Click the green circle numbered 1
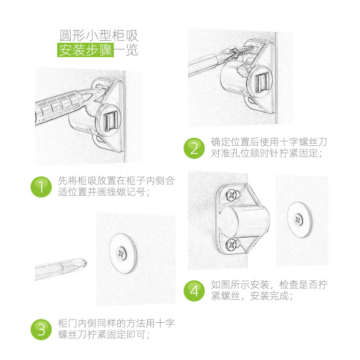pos(41,187)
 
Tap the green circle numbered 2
pos(194,148)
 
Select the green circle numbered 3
pos(41,330)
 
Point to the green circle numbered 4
pos(194,291)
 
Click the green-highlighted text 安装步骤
pos(85,50)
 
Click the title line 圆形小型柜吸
pos(99,36)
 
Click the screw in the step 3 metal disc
pos(121,253)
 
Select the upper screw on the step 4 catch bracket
pos(231,195)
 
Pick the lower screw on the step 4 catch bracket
pos(231,245)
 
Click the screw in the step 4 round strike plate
pos(299,220)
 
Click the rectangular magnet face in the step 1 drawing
pos(111,121)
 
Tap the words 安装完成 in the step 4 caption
pos(269,296)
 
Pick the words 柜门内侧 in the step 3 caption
pos(77,323)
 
